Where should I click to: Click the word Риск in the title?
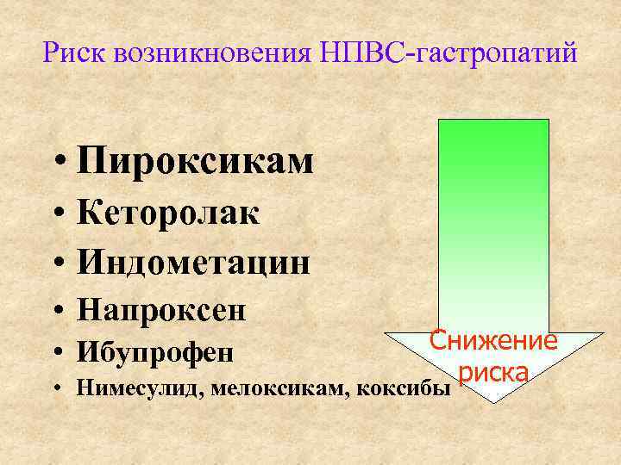[72, 55]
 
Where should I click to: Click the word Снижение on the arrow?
[493, 342]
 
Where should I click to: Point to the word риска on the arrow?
[493, 373]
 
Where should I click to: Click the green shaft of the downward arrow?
[493, 224]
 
